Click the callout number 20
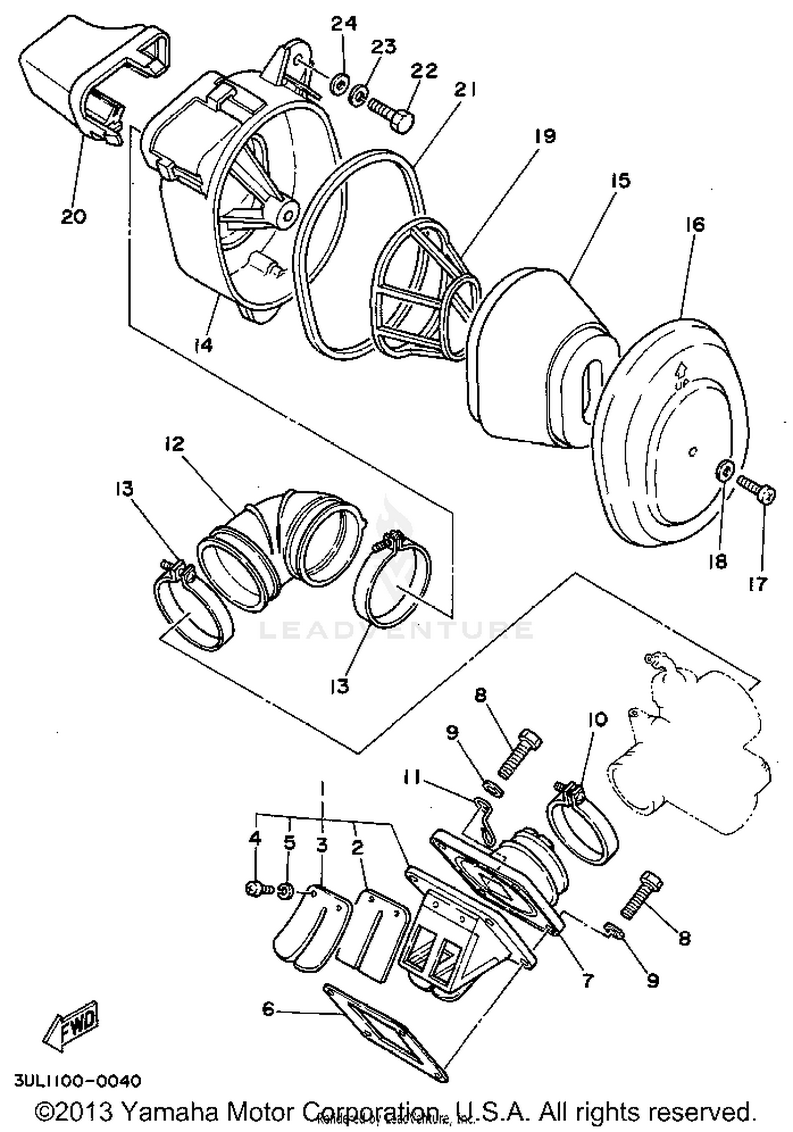click(73, 216)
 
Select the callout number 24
click(344, 24)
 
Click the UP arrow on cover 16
click(681, 370)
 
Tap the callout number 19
click(545, 136)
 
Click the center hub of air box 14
click(288, 213)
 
